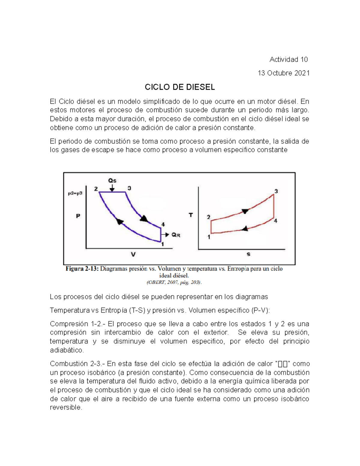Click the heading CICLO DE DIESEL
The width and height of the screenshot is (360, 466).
[x=180, y=87]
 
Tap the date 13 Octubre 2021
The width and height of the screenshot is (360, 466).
[x=283, y=73]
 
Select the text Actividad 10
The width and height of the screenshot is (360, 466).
[x=289, y=60]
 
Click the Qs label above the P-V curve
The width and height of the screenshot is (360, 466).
[x=112, y=181]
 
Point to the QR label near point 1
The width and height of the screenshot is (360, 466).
[x=176, y=235]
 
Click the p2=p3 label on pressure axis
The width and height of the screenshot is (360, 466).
[x=75, y=194]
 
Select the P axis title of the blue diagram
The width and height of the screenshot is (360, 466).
[x=78, y=216]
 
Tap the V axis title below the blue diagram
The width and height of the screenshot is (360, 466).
[x=133, y=254]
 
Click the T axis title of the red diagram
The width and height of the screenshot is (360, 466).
[x=191, y=215]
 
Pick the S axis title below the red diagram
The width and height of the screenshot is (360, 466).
[x=248, y=254]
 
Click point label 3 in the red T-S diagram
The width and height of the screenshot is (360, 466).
[x=276, y=191]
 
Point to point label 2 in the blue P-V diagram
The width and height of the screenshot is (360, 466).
[x=96, y=189]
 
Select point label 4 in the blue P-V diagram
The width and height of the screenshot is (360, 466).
[x=163, y=224]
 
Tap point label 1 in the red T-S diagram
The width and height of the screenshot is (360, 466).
[x=209, y=237]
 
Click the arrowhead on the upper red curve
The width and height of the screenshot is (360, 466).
[x=245, y=211]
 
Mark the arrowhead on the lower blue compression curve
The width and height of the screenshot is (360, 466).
[x=120, y=222]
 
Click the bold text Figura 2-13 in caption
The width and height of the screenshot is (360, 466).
[x=82, y=269]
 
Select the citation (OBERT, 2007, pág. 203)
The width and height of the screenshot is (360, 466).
[x=174, y=282]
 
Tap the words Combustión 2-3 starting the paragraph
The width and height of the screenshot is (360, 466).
[x=77, y=364]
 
